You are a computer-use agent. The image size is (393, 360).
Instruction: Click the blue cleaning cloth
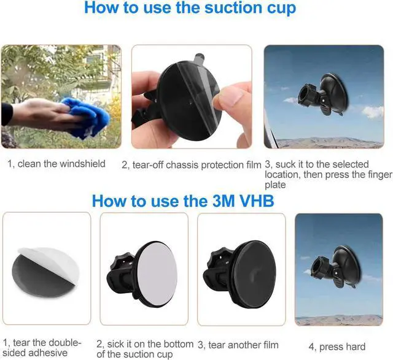(89, 117)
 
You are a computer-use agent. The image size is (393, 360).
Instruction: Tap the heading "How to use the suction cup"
(190, 8)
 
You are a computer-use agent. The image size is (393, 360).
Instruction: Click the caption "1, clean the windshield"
(56, 164)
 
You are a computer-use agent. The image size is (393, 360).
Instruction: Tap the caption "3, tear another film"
(238, 345)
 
